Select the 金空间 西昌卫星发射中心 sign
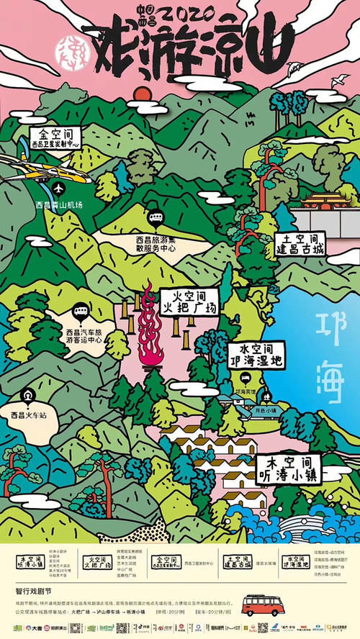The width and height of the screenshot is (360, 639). coord(55,138)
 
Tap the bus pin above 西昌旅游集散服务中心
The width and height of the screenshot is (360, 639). coord(155,218)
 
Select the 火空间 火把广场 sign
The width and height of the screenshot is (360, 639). coord(188,302)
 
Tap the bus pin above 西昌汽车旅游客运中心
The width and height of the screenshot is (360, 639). coord(81,314)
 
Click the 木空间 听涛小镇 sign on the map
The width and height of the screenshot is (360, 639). coord(288,468)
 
